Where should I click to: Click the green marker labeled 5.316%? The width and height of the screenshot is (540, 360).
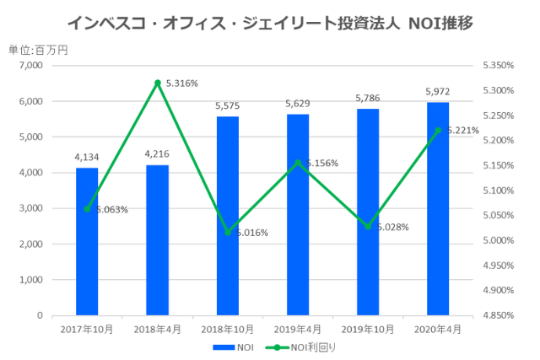157,83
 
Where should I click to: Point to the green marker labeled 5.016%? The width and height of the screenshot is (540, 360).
227,232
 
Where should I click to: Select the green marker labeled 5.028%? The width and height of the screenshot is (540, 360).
367,226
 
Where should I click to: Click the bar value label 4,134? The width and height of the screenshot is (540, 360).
87,157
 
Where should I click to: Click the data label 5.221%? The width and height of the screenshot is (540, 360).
462,131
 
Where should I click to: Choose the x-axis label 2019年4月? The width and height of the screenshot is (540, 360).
297,329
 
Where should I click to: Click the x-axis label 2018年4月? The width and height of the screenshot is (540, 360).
157,329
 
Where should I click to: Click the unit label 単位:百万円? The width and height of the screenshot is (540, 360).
38,50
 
